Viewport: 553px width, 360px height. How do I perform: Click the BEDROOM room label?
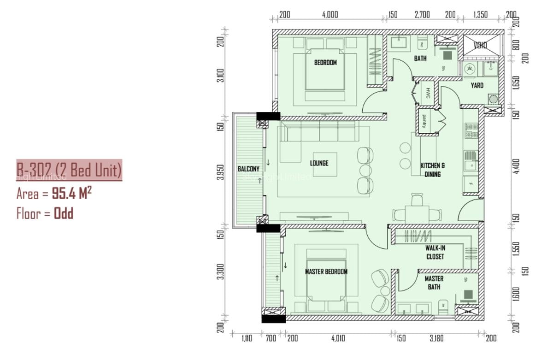point(325,62)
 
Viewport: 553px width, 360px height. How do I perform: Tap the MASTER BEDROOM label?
point(326,271)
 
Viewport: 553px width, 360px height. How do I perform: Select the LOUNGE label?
point(319,163)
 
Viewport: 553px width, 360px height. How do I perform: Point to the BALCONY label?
point(248,169)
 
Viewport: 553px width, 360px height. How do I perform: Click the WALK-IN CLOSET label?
point(435,252)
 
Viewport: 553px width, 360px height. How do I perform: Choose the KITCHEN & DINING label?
point(433,170)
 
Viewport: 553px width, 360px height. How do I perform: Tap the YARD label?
point(477,85)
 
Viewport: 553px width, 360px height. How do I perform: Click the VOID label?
point(481,46)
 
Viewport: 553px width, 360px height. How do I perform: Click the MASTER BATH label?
point(434,283)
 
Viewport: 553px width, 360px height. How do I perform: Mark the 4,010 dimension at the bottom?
point(338,338)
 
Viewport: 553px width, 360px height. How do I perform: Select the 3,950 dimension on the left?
point(221,172)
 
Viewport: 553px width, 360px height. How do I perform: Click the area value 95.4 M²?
point(71,193)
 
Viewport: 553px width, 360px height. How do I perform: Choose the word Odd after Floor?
point(64,213)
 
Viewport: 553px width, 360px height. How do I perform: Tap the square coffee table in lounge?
point(325,164)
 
